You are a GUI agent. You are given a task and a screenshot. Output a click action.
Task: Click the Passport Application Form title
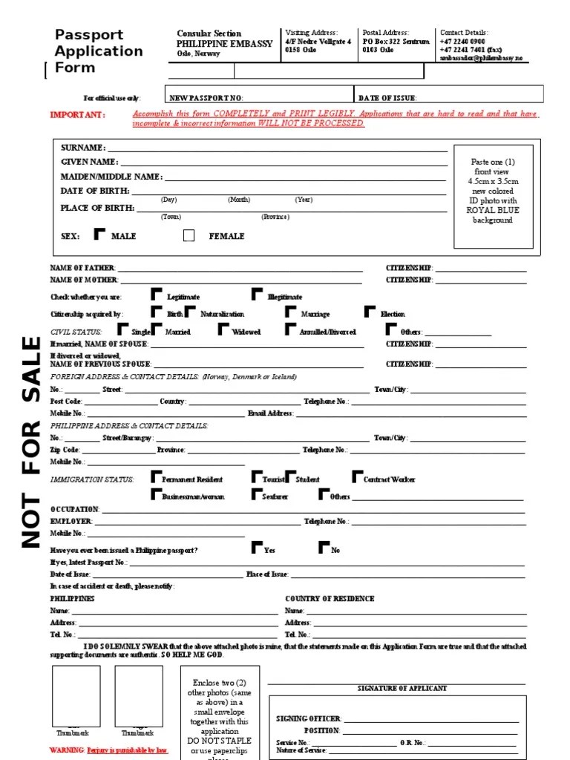coord(99,51)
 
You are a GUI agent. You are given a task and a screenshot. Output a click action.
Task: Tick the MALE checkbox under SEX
coord(99,235)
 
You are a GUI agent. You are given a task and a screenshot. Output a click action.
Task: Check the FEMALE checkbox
coord(189,235)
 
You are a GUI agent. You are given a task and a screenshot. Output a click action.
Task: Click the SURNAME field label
coord(82,148)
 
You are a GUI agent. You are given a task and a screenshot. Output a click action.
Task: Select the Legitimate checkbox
coord(156,294)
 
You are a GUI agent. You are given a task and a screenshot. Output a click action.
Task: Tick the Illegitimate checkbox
coord(257,294)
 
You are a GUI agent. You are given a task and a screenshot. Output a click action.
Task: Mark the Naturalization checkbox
coord(190,312)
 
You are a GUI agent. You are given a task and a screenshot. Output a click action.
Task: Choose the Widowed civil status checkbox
coord(223,330)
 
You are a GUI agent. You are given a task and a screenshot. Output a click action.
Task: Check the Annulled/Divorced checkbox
coord(289,330)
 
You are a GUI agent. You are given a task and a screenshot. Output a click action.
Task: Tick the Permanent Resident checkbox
coord(156,476)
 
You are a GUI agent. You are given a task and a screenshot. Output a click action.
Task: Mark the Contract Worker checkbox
coord(358,476)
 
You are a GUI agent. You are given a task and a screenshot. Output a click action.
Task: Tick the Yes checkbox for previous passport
coord(257,548)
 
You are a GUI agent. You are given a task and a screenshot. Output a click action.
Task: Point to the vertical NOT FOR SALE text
coord(30,442)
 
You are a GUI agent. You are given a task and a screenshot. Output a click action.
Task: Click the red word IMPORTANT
coord(77,115)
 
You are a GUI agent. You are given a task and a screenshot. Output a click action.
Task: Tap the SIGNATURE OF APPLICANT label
coord(402,688)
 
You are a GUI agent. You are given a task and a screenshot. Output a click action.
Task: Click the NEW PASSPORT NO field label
coord(206,97)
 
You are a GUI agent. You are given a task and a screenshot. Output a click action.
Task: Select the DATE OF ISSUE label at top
coord(387,97)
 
